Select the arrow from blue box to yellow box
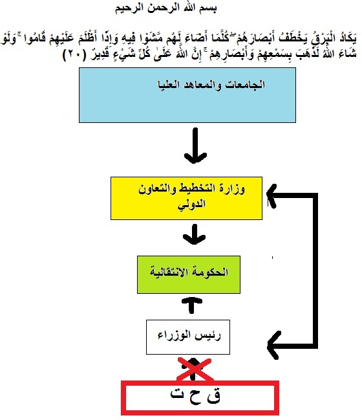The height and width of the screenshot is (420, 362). tap(195, 146)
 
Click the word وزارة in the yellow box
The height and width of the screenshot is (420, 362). tap(233, 189)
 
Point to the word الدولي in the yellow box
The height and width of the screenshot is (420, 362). tap(191, 204)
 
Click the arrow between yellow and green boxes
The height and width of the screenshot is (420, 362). tap(194, 234)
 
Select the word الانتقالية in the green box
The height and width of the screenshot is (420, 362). tap(172, 272)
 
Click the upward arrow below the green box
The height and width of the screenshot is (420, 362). tap(191, 305)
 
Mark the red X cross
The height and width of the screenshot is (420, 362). tap(195, 370)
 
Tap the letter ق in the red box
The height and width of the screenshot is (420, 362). tap(214, 396)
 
